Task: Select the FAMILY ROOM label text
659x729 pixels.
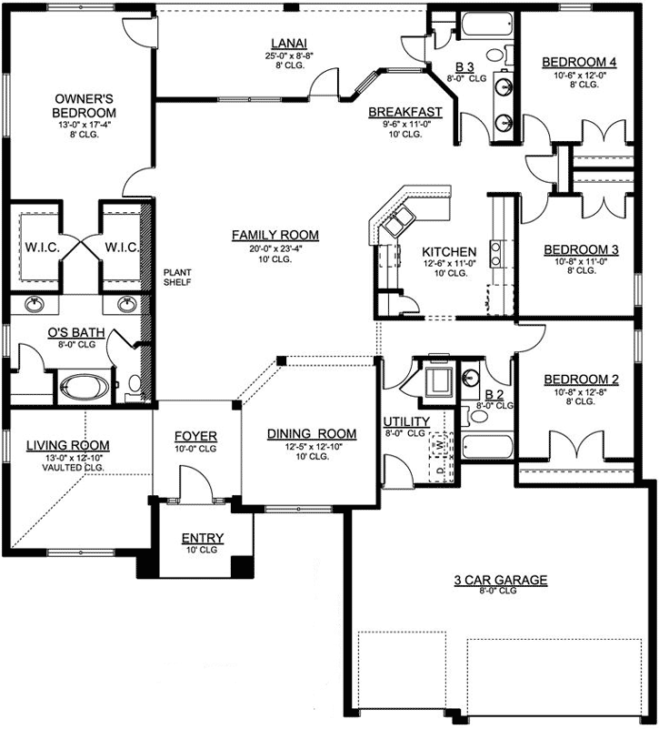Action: point(275,235)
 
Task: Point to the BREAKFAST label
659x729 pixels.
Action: point(404,112)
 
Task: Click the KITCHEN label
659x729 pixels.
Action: point(449,251)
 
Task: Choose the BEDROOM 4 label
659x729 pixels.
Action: point(579,62)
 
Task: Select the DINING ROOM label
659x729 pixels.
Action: point(311,434)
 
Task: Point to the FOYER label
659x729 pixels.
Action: point(195,436)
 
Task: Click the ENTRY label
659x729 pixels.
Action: point(202,538)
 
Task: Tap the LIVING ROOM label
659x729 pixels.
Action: point(67,445)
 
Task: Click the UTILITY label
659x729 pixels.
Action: point(405,421)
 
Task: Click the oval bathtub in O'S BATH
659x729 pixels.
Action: point(84,388)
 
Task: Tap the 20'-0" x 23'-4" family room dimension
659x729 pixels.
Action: point(275,248)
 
